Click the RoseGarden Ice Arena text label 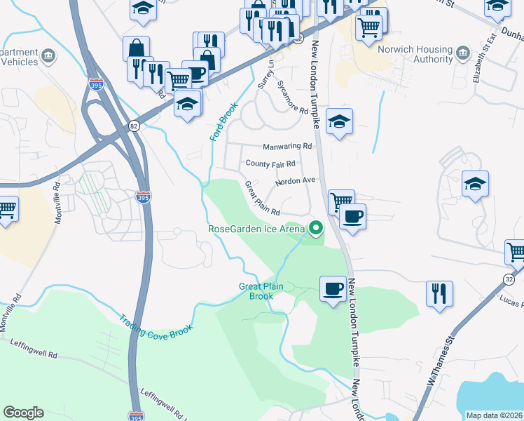(256, 228)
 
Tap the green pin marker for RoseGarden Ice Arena (316, 227)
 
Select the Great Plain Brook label (261, 291)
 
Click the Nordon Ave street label (296, 181)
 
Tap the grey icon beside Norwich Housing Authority (462, 53)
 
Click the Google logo (23, 413)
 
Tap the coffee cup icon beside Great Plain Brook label (333, 288)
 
